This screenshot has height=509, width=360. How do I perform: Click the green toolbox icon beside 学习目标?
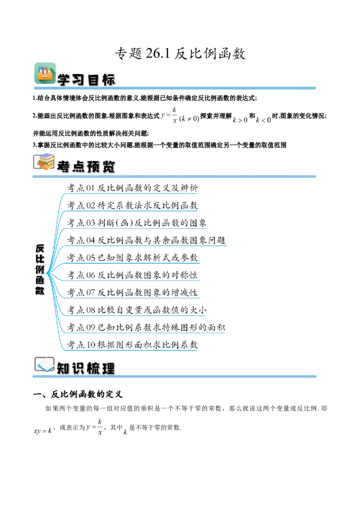[45, 73]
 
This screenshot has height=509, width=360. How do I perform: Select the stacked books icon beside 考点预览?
[44, 162]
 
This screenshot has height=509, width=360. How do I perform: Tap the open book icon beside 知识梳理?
[44, 364]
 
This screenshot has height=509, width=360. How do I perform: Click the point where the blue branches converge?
[46, 273]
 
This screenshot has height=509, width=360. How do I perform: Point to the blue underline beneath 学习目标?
[180, 88]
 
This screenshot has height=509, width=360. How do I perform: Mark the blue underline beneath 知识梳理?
[180, 376]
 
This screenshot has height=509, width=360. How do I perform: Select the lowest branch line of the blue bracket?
[130, 350]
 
